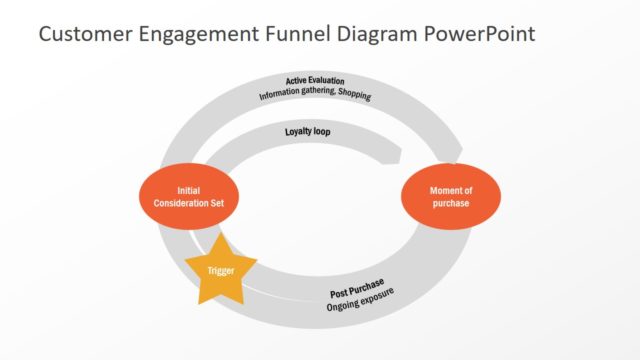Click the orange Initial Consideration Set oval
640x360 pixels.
pos(189,196)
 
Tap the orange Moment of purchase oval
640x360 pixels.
pos(450,196)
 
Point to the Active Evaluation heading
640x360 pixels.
pos(315,80)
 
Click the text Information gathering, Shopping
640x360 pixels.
pos(315,95)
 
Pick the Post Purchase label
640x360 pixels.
pos(357,289)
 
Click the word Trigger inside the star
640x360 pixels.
pos(221,271)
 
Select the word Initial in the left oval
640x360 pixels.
pos(189,190)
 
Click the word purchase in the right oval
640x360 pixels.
pos(450,203)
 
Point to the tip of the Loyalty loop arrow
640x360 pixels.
pos(400,155)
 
